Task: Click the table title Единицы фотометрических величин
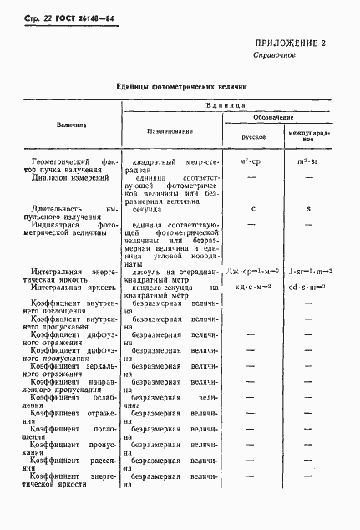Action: pos(180,86)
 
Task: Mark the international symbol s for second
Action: pos(308,209)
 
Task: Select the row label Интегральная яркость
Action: pos(67,285)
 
